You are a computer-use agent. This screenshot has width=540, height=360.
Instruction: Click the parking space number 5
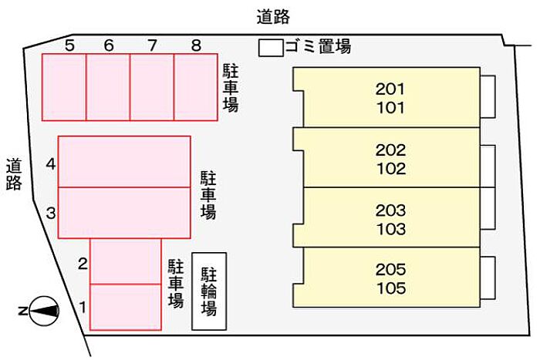(69, 45)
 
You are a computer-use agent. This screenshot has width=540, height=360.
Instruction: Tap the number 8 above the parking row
(196, 45)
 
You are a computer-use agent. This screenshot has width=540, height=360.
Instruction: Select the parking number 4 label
(51, 164)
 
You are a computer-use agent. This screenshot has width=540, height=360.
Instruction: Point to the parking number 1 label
(83, 308)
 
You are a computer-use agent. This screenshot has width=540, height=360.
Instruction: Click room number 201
(390, 89)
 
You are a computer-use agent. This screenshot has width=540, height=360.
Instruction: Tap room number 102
(391, 169)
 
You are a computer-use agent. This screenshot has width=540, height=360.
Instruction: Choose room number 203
(390, 210)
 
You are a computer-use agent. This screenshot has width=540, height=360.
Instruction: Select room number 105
(391, 288)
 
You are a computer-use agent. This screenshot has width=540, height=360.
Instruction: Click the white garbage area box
(271, 48)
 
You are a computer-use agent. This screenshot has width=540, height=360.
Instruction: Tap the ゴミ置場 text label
(318, 46)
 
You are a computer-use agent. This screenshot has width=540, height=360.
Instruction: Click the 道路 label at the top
(273, 17)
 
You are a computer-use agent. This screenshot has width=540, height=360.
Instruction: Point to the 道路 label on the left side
(14, 174)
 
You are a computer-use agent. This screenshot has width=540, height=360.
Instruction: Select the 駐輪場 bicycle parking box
(209, 291)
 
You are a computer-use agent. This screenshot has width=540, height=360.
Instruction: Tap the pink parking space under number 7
(152, 87)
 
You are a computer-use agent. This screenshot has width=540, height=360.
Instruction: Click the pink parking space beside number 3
(124, 213)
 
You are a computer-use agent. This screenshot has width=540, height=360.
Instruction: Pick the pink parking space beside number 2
(126, 261)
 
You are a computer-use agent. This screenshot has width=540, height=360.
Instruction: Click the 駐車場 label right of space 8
(231, 88)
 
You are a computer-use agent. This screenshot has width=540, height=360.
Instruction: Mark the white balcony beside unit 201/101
(488, 96)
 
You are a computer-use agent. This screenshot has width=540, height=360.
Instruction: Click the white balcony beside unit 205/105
(488, 278)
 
